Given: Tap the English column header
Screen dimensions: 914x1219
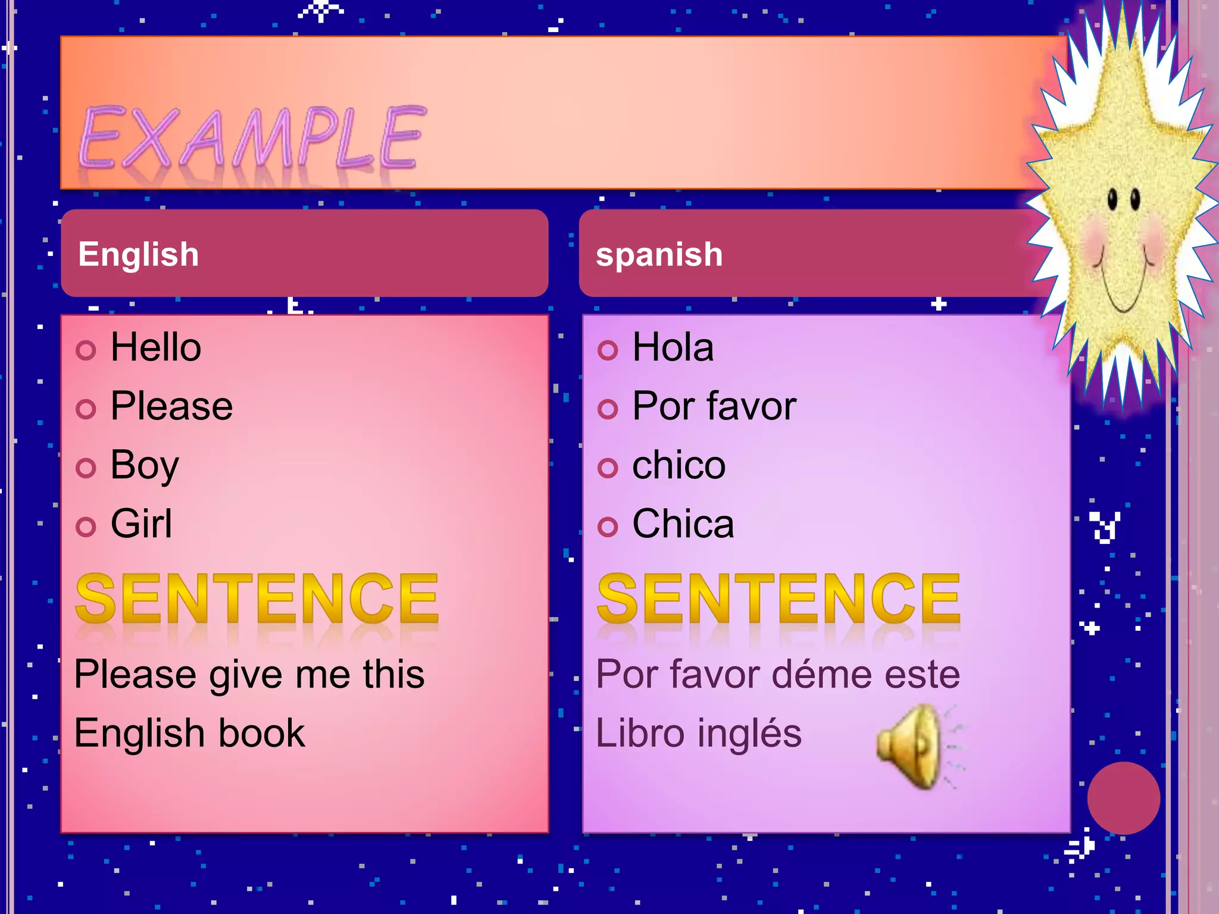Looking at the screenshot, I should pyautogui.click(x=139, y=254).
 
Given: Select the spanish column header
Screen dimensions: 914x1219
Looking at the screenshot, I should pyautogui.click(x=659, y=254).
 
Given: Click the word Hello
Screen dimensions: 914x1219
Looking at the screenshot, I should pyautogui.click(x=156, y=348).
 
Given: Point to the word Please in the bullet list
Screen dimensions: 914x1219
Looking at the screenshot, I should pyautogui.click(x=171, y=406).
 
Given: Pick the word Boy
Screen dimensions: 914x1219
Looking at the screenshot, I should pyautogui.click(x=145, y=465).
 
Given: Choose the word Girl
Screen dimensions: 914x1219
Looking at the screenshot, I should pyautogui.click(x=142, y=524).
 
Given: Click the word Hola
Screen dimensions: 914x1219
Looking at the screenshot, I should pyautogui.click(x=673, y=348).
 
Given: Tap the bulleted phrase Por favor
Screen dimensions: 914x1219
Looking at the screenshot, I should pyautogui.click(x=714, y=406).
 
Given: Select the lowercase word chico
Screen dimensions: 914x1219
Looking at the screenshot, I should pyautogui.click(x=679, y=465).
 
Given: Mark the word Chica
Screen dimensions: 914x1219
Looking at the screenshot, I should pyautogui.click(x=683, y=524).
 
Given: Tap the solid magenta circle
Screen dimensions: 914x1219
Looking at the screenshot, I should pyautogui.click(x=1123, y=798).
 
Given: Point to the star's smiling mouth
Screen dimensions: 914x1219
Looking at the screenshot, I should pyautogui.click(x=1123, y=292).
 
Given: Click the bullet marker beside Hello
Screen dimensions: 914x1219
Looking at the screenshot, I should pyautogui.click(x=86, y=350).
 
